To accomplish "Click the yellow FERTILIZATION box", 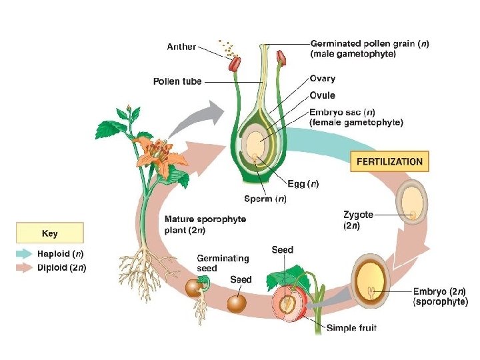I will point(389,161).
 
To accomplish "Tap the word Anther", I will point(181,47).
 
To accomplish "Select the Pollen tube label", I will point(177,82).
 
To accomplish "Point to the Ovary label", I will point(323,79).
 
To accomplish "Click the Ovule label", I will point(322,95).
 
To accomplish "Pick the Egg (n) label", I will point(303,183).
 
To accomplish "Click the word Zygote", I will point(358,215).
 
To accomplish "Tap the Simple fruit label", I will point(351,327).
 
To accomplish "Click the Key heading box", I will point(50,233).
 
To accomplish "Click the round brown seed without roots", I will point(237,303).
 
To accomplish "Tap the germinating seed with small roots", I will point(195,289).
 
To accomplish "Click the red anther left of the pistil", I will point(235,64).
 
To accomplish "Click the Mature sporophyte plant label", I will point(205,225).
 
